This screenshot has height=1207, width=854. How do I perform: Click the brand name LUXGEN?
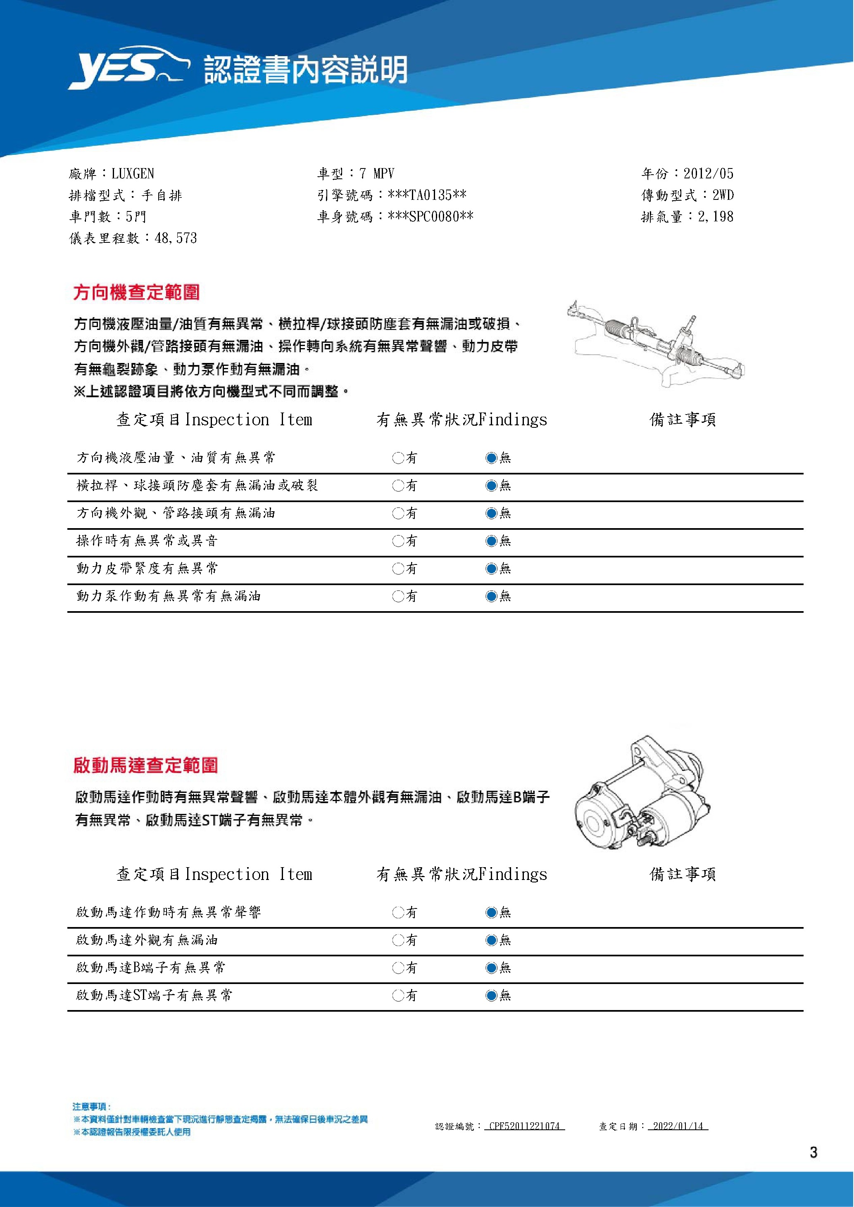(133, 173)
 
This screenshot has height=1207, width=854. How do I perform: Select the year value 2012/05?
(708, 173)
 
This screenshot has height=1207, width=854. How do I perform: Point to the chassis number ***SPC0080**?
(430, 217)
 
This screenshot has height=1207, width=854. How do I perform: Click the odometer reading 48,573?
(176, 238)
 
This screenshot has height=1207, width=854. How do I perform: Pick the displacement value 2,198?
(715, 217)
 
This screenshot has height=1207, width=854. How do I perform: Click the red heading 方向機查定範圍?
(137, 292)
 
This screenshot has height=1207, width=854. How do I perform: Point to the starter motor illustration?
(642, 791)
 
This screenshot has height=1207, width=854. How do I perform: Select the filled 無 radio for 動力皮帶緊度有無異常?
(491, 568)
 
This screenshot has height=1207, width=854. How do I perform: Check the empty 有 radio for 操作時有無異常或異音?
(398, 541)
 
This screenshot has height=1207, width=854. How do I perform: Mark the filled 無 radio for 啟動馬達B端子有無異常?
(491, 968)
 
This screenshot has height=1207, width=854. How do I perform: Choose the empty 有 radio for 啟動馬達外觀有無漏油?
(398, 940)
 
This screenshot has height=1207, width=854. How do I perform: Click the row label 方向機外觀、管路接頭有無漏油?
(176, 513)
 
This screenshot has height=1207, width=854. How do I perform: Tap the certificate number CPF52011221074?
(524, 1126)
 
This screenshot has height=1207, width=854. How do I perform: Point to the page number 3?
(813, 1152)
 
